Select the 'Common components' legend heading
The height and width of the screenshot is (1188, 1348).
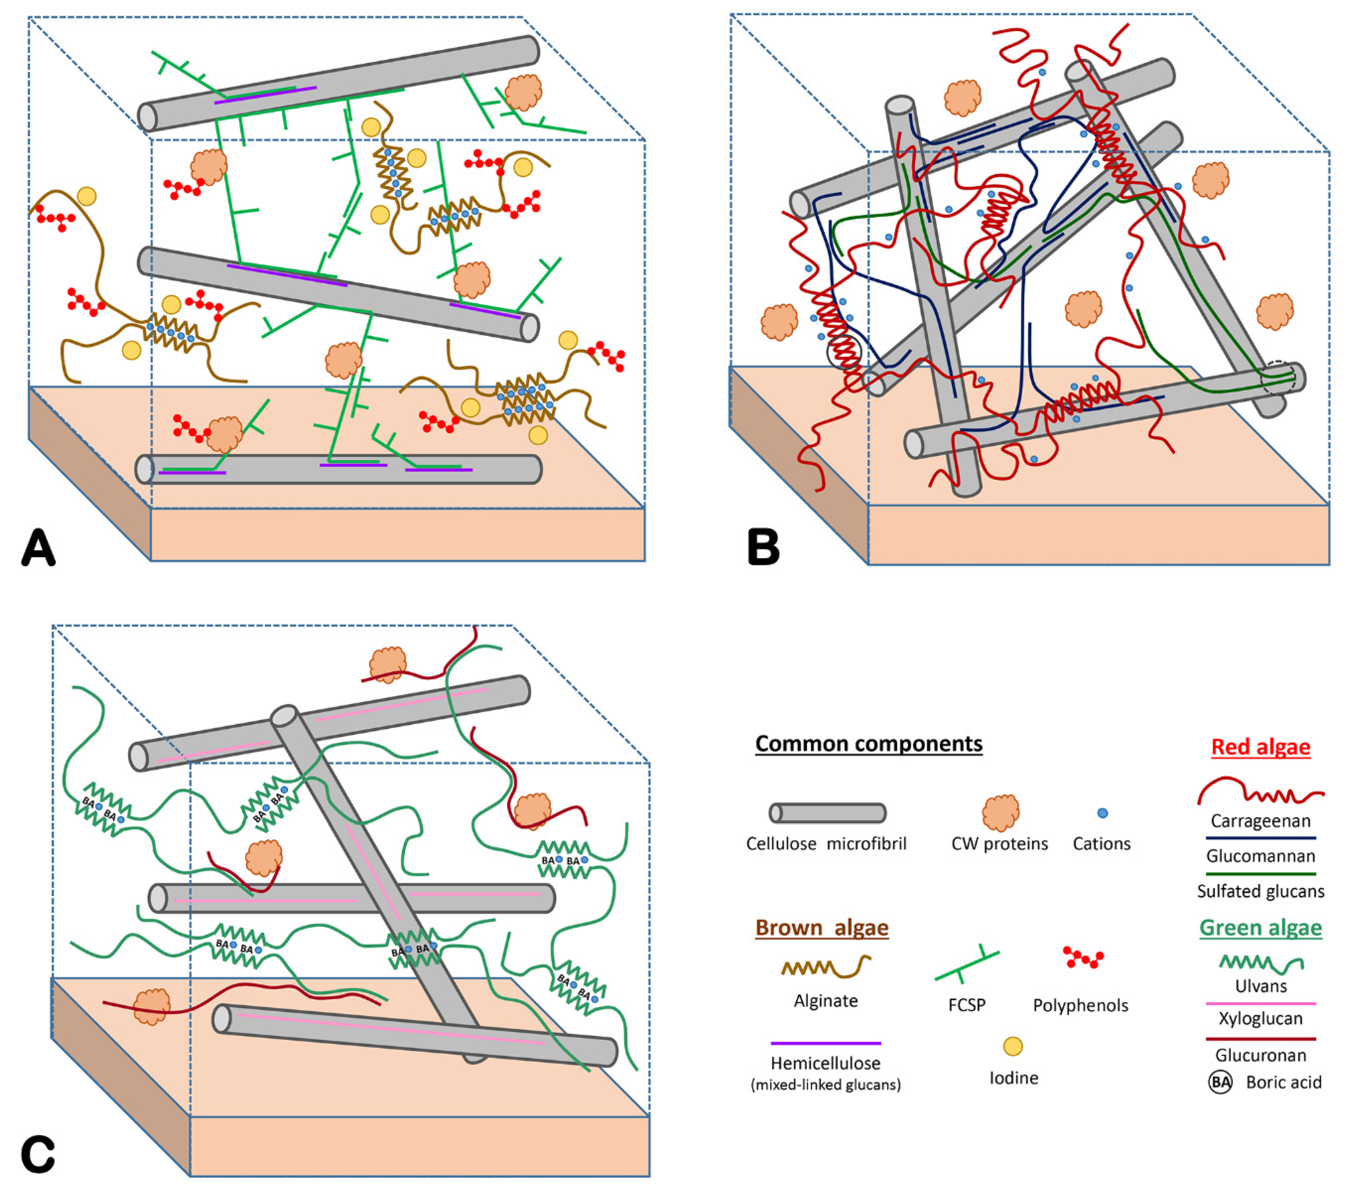868,744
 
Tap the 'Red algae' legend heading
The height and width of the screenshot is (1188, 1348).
1260,747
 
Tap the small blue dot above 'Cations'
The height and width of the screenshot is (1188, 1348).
1102,813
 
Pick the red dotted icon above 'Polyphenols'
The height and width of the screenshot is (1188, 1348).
1083,958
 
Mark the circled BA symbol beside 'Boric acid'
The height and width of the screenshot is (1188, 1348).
1220,1082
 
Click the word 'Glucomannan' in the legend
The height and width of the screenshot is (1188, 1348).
1260,856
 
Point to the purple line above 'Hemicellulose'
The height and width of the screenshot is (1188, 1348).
826,1044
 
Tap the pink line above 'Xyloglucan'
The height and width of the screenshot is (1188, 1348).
1260,1003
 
